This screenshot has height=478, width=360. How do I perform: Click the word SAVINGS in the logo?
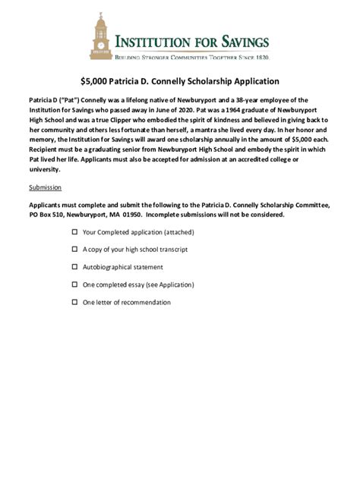[x=235, y=42]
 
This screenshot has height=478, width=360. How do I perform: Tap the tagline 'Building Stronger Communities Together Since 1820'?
[x=191, y=57]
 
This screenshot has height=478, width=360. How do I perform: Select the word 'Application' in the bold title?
[x=254, y=81]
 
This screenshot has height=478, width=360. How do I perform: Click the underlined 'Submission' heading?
[x=45, y=187]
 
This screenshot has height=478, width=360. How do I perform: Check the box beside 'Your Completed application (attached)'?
[x=74, y=232]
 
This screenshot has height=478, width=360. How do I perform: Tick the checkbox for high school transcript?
[x=74, y=250]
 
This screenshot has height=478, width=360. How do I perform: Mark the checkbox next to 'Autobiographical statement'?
[x=74, y=267]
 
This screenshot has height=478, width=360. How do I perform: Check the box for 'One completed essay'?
[x=74, y=285]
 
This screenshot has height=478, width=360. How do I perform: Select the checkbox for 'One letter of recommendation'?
[x=74, y=302]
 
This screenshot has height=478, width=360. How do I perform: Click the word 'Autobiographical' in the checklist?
[x=106, y=267]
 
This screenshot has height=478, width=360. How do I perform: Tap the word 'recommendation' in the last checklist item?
[x=147, y=302]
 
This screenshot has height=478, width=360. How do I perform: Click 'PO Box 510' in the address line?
[x=46, y=215]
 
